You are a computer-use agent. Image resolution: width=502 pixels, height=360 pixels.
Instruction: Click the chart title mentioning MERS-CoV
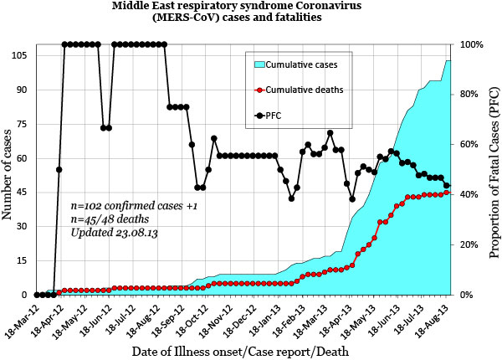[x=251, y=14]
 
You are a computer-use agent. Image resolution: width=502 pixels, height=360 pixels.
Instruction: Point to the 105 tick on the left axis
[x=18, y=55]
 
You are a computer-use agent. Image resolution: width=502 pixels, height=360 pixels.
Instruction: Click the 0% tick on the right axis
[x=469, y=295]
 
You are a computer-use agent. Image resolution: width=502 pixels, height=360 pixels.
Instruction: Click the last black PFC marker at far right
[x=447, y=186]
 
